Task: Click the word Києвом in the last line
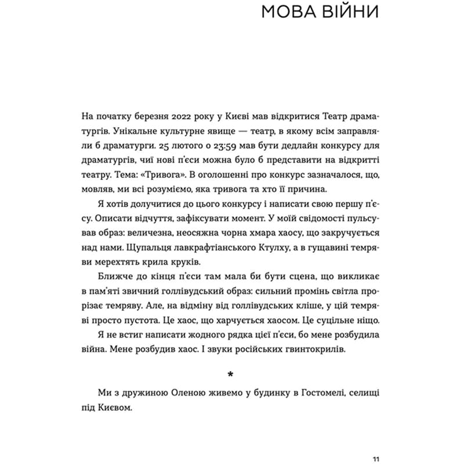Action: coord(119,408)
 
